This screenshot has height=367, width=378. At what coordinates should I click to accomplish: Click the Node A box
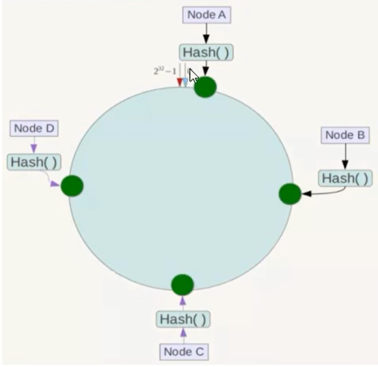point(206,15)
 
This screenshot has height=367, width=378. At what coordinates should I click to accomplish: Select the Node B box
point(345,135)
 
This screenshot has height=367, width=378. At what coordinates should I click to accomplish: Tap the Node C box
point(184,352)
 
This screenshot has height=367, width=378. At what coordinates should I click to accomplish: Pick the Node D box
point(34,128)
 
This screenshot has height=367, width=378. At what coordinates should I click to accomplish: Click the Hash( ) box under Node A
point(206,53)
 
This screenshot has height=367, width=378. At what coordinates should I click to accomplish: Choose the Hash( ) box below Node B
point(345,178)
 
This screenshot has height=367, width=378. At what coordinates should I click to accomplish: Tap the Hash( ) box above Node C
point(183,319)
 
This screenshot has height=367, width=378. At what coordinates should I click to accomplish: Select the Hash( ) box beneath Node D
point(34,162)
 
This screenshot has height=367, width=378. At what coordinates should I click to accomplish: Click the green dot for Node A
point(205,87)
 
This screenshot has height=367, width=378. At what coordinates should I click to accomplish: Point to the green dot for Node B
point(290,194)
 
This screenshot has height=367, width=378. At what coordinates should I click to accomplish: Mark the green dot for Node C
point(183,285)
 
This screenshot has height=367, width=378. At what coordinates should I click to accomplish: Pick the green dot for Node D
point(72,186)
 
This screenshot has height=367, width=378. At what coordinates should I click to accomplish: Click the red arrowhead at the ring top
point(180,83)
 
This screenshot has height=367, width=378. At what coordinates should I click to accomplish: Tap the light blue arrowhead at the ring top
point(185,83)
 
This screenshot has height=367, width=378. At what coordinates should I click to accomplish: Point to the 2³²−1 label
point(165,71)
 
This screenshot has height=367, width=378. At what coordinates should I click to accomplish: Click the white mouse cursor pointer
point(193,76)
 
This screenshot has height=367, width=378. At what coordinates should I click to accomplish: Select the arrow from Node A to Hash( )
point(206,33)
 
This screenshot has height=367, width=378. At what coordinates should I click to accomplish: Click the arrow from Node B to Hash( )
point(345,157)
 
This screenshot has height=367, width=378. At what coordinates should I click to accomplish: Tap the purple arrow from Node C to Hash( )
point(183,336)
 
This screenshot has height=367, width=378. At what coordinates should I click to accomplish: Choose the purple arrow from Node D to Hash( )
point(34,146)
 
